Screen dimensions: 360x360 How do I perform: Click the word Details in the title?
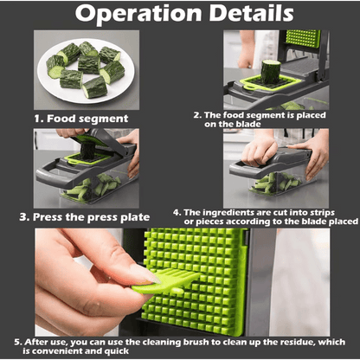251,13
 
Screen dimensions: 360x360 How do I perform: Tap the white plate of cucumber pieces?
86,71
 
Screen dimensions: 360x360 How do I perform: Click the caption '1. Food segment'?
81,119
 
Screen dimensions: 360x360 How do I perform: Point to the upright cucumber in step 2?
271,71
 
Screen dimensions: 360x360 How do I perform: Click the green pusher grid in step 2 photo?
303,38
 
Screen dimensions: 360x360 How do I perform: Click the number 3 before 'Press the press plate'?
23,217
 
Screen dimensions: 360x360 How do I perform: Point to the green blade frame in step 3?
87,158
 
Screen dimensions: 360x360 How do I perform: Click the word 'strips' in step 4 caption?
323,213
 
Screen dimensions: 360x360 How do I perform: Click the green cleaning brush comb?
166,281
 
